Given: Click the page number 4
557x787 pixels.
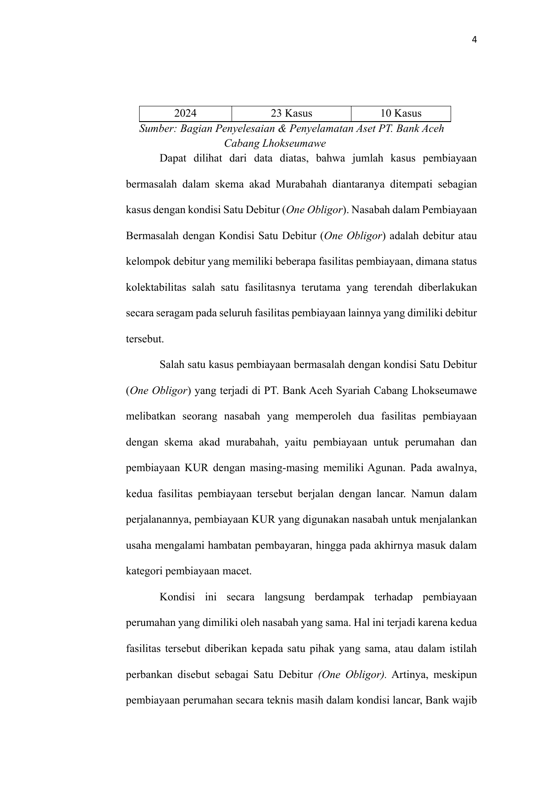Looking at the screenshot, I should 474,40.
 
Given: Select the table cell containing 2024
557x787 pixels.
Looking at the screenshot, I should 185,114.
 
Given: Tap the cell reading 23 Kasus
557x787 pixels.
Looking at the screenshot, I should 291,114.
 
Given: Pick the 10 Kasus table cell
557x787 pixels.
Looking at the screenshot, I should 400,114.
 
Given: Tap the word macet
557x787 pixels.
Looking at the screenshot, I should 239,572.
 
